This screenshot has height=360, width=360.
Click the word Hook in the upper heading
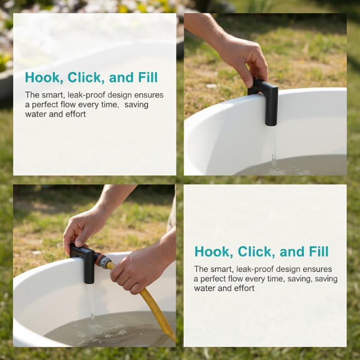pos(42,77)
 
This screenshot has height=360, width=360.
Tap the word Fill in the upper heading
pos(148,77)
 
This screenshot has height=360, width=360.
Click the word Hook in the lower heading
pos(212,252)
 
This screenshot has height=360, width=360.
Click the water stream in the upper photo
pos(272,147)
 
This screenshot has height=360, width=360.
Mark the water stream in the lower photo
pos(91,301)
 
